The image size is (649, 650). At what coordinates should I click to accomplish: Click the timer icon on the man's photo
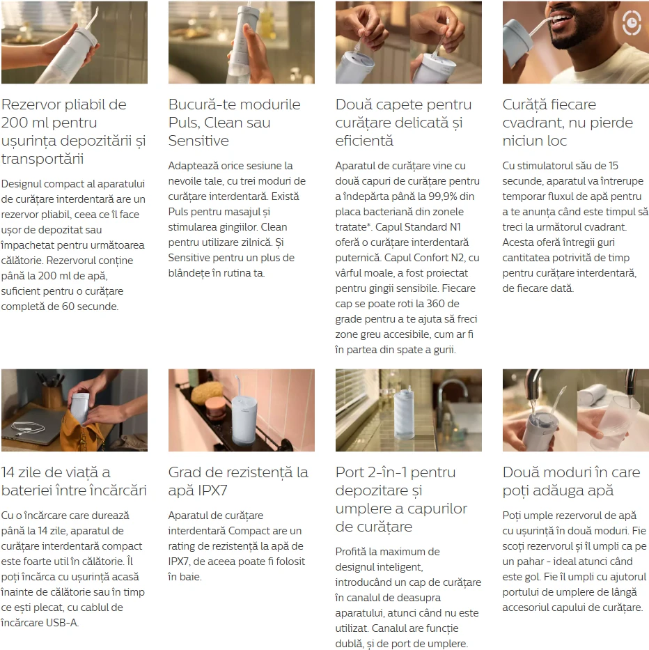tap(632, 23)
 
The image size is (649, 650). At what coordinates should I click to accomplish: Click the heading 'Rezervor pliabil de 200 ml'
tap(64, 114)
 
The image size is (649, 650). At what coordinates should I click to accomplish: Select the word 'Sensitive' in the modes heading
tap(198, 141)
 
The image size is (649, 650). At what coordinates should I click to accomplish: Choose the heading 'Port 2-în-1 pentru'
tap(396, 472)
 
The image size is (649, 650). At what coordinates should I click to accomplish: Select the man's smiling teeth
tap(565, 19)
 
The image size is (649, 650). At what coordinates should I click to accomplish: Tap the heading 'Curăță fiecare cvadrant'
tap(568, 114)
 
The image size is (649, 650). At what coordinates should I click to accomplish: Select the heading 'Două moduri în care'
tap(571, 472)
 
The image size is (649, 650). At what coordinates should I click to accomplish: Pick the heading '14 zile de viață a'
tap(56, 472)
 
